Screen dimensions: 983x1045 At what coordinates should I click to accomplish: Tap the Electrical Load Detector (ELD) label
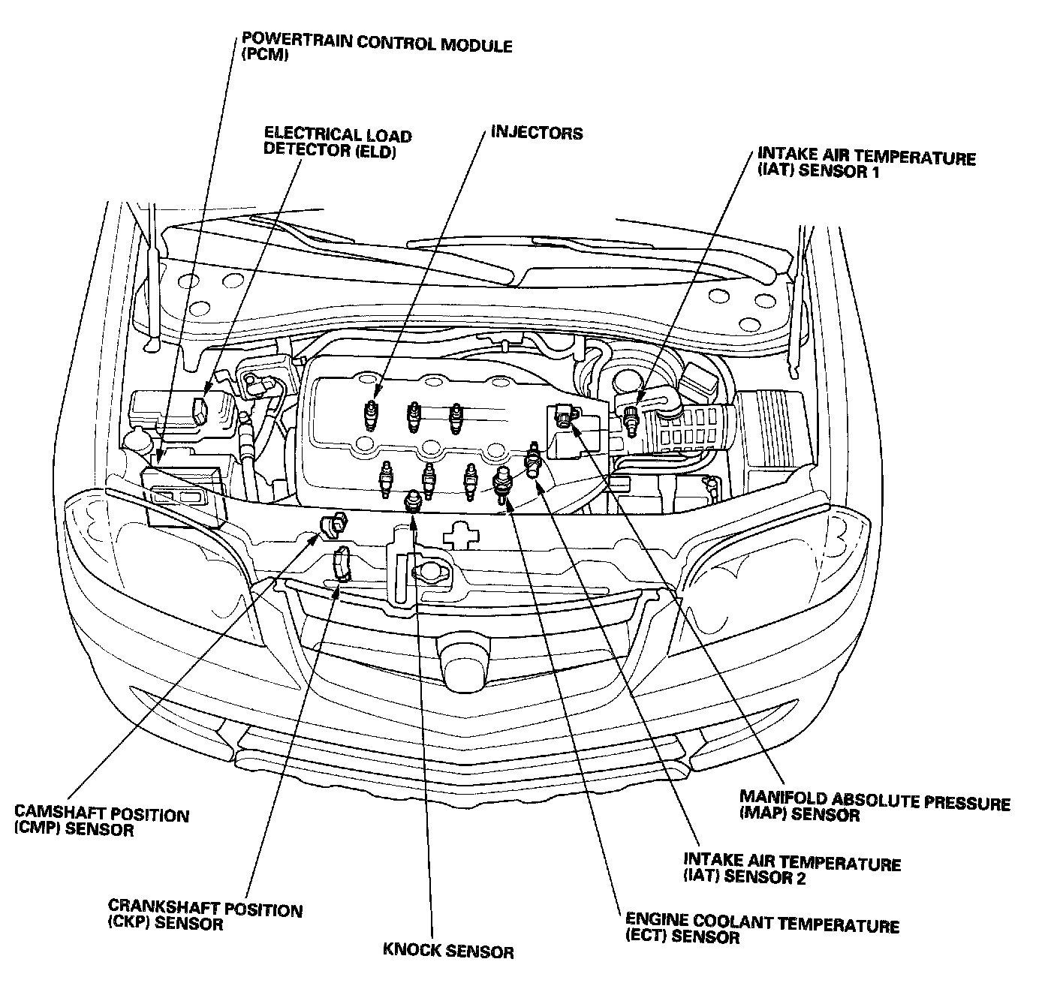pyautogui.click(x=338, y=143)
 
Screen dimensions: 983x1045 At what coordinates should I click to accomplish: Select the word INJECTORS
pyautogui.click(x=537, y=134)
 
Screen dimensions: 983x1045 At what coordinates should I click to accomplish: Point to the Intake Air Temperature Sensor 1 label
pyautogui.click(x=866, y=164)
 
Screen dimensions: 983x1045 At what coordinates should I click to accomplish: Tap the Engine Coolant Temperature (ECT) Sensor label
pyautogui.click(x=762, y=931)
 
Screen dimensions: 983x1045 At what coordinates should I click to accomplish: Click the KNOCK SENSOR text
pyautogui.click(x=448, y=951)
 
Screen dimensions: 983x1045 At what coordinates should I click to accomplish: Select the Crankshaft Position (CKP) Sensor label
pyautogui.click(x=205, y=916)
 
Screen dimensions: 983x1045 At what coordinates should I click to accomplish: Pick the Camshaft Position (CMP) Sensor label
pyautogui.click(x=101, y=822)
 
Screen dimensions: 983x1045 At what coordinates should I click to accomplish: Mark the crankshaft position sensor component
pyautogui.click(x=342, y=563)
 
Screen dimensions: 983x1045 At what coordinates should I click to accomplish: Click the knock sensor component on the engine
pyautogui.click(x=411, y=501)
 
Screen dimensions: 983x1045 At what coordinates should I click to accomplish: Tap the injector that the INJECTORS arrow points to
pyautogui.click(x=370, y=412)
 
